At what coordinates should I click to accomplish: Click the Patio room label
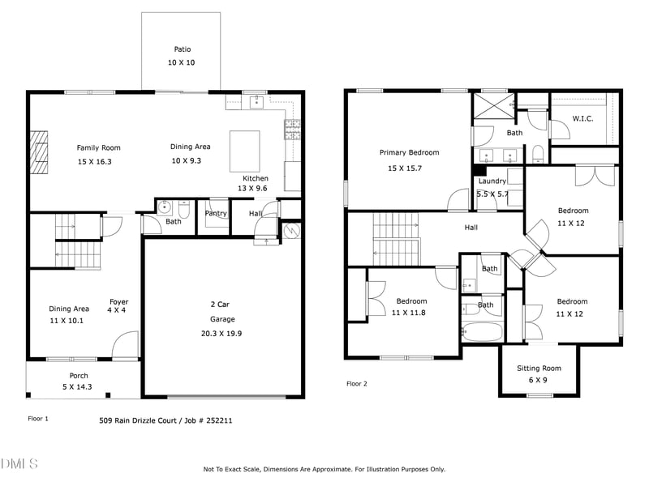point(182,49)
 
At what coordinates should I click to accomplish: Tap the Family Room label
point(98,147)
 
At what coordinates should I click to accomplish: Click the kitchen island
point(245,149)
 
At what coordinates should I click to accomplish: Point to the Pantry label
point(216,213)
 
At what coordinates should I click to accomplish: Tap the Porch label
point(79,375)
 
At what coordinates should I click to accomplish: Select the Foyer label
point(119,302)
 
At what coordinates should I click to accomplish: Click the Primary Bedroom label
point(409,152)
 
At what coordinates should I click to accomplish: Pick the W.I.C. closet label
point(582,118)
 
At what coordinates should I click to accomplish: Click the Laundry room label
point(492,181)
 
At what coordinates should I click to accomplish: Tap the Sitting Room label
point(539,369)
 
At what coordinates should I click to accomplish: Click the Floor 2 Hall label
point(471,228)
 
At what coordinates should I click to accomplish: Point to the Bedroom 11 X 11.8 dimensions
point(408,312)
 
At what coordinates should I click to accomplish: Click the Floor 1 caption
point(38,419)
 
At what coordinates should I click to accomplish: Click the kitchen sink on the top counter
point(256,101)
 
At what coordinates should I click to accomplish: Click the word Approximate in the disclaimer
point(355,469)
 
